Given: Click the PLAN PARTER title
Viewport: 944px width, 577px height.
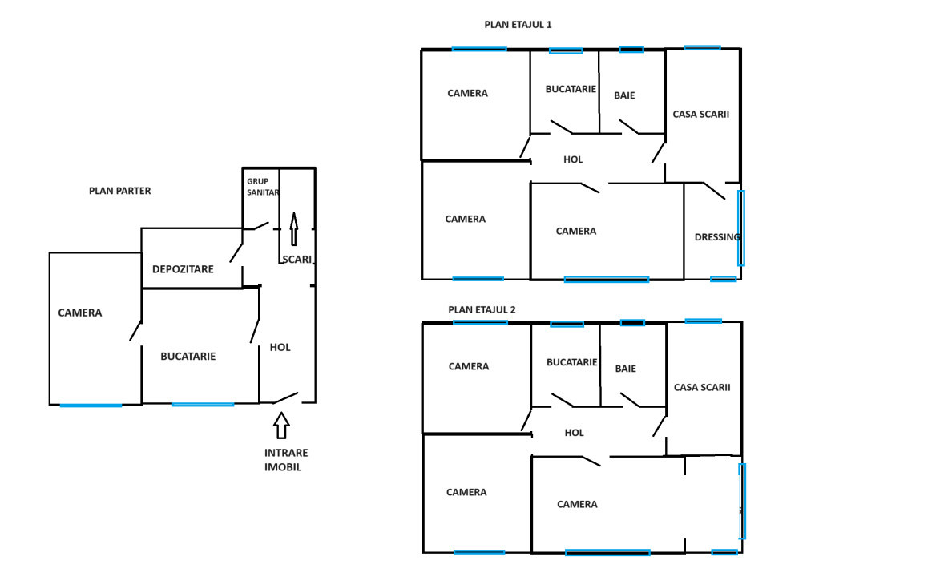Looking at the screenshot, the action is pyautogui.click(x=120, y=191).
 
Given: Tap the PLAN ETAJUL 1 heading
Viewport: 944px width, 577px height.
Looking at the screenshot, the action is pyautogui.click(x=518, y=25).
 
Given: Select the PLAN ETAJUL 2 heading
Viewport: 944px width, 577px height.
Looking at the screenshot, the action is pyautogui.click(x=482, y=309).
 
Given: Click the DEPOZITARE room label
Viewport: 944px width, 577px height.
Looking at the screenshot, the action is pyautogui.click(x=183, y=269).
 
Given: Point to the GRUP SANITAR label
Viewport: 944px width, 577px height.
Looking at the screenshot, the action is pyautogui.click(x=263, y=187).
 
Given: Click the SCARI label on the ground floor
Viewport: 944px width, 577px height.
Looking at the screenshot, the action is pyautogui.click(x=297, y=260).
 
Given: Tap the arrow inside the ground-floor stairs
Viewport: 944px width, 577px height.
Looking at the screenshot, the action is pyautogui.click(x=294, y=229).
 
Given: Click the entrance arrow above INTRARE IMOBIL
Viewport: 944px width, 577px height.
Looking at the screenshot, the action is pyautogui.click(x=281, y=426).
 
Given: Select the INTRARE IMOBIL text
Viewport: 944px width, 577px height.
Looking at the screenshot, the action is pyautogui.click(x=286, y=459).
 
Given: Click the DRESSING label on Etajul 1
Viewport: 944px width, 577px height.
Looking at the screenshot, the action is pyautogui.click(x=717, y=237).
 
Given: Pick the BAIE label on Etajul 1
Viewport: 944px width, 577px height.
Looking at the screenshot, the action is pyautogui.click(x=624, y=95).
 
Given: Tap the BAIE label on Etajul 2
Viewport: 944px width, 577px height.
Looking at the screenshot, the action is pyautogui.click(x=626, y=369).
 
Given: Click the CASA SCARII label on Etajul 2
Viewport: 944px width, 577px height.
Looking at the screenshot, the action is pyautogui.click(x=702, y=387).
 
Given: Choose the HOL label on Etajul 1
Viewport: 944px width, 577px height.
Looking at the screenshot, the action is pyautogui.click(x=573, y=159).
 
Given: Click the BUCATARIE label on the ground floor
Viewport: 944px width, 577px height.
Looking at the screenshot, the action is pyautogui.click(x=188, y=357).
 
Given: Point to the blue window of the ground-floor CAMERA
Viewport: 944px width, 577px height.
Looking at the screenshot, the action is pyautogui.click(x=91, y=406).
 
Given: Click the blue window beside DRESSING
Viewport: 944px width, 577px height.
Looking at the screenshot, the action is pyautogui.click(x=741, y=228).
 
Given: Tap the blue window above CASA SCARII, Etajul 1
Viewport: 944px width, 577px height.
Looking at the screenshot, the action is pyautogui.click(x=702, y=47).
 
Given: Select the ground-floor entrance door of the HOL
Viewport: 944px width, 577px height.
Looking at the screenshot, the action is pyautogui.click(x=286, y=397).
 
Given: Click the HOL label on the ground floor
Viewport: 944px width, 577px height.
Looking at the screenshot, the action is pyautogui.click(x=280, y=348).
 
